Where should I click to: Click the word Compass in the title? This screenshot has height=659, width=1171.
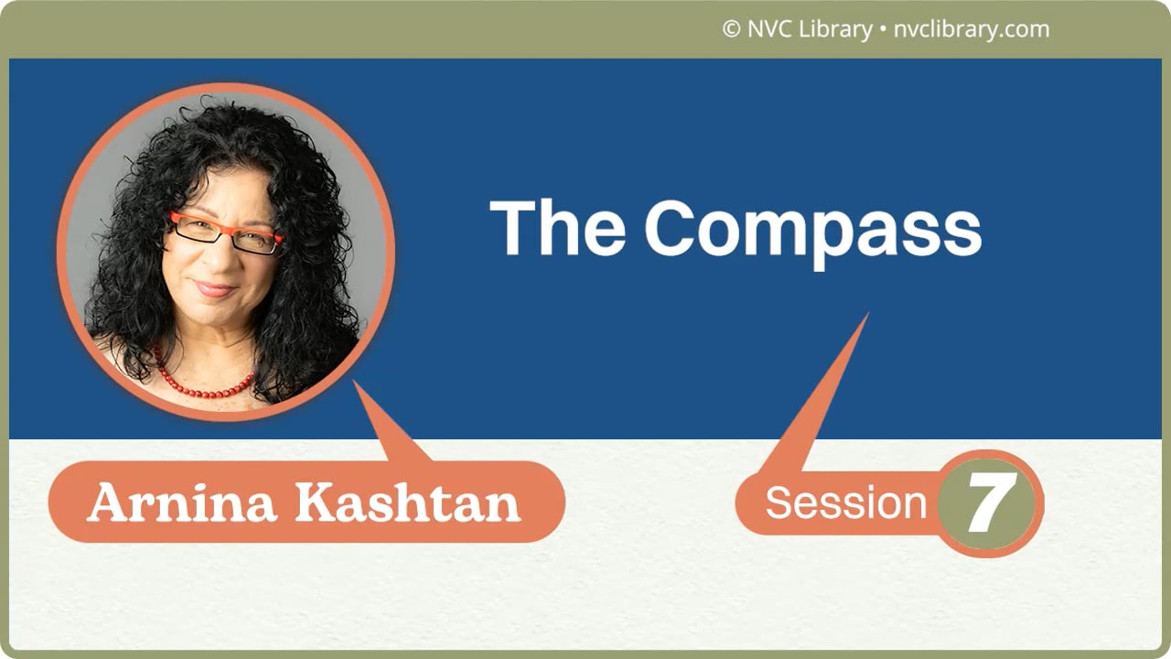[x=812, y=229]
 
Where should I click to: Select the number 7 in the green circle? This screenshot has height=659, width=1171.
[x=992, y=503]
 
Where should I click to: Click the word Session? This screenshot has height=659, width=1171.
[x=846, y=503]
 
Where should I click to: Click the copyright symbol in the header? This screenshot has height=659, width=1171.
[x=731, y=29]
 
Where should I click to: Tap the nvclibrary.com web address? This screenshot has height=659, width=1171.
[x=972, y=29]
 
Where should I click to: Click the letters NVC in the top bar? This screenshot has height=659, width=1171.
[x=768, y=29]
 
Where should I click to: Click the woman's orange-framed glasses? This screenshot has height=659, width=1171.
[x=225, y=232]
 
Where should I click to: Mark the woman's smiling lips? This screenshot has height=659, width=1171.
[x=214, y=288]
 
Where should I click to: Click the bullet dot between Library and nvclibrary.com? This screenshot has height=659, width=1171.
[x=883, y=30]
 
